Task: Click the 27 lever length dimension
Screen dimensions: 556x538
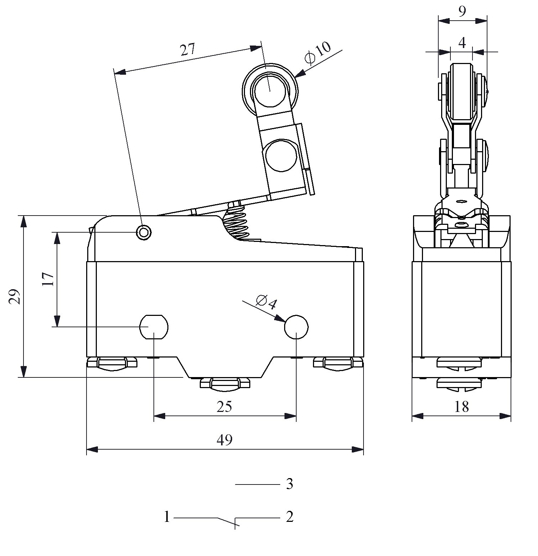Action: tap(188, 50)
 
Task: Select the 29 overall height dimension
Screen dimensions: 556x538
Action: tap(15, 296)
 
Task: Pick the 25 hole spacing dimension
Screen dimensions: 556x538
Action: tap(224, 407)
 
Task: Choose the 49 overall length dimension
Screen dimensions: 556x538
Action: tap(224, 440)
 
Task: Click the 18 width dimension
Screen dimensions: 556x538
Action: tap(461, 407)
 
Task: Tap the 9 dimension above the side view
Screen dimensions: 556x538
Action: tap(462, 12)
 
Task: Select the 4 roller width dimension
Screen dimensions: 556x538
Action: tap(462, 43)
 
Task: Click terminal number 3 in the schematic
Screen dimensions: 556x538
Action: tap(289, 484)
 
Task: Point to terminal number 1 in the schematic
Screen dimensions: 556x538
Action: tap(167, 517)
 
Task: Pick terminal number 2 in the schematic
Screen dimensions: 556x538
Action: tap(289, 517)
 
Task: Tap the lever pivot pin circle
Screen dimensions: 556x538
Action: tap(144, 233)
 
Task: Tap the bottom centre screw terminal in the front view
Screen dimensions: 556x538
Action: tap(225, 384)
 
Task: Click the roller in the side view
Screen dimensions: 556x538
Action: tap(462, 92)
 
